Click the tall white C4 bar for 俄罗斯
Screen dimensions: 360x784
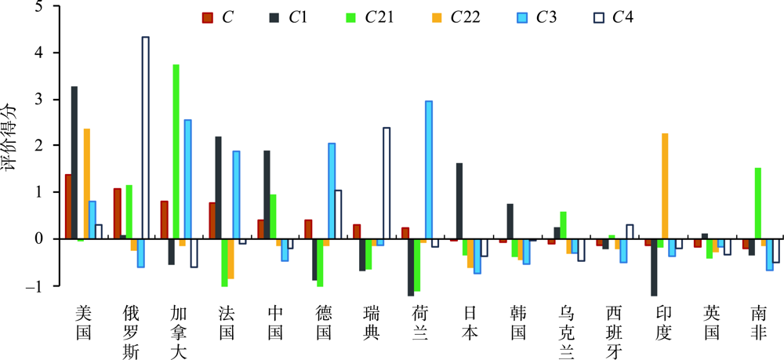tap(145, 137)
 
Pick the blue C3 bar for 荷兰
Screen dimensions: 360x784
tap(428, 169)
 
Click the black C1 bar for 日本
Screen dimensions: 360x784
tap(459, 201)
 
